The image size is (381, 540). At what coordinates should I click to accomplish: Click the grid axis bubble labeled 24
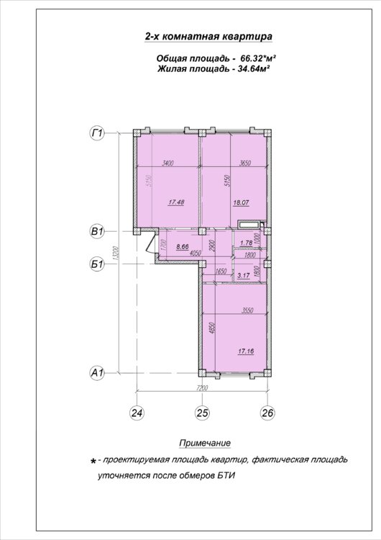pyautogui.click(x=137, y=413)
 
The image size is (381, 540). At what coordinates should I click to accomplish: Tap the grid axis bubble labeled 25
pyautogui.click(x=202, y=413)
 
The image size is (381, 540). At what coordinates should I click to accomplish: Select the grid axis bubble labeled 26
pyautogui.click(x=268, y=413)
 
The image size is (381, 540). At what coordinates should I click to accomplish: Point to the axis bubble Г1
pyautogui.click(x=97, y=133)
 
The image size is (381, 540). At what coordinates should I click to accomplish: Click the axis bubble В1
pyautogui.click(x=97, y=231)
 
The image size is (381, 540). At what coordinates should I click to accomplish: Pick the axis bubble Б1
pyautogui.click(x=97, y=264)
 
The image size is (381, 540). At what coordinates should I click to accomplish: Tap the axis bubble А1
pyautogui.click(x=97, y=373)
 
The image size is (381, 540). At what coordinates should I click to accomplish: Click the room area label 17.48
pyautogui.click(x=176, y=202)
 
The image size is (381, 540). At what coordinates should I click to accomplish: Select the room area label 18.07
pyautogui.click(x=241, y=203)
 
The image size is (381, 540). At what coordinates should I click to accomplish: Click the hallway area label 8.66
pyautogui.click(x=182, y=246)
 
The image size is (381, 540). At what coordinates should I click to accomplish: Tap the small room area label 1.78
pyautogui.click(x=247, y=243)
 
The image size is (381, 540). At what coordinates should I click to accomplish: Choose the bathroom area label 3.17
pyautogui.click(x=244, y=275)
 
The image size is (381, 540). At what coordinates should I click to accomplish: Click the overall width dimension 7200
pyautogui.click(x=202, y=388)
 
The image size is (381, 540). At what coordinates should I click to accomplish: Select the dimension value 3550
pyautogui.click(x=247, y=310)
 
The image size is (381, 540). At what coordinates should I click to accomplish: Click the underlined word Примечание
pyautogui.click(x=205, y=443)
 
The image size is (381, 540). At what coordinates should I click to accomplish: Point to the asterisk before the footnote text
pyautogui.click(x=93, y=462)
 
